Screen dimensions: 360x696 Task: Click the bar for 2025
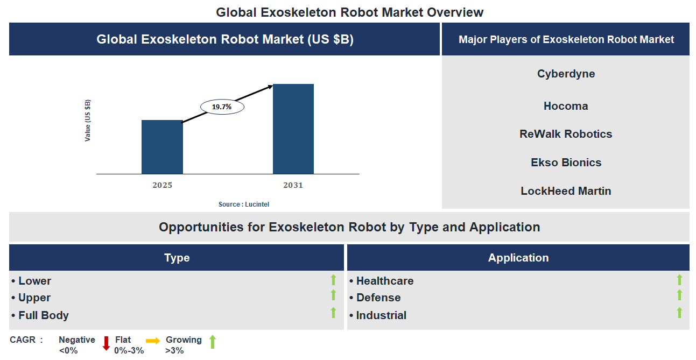click(x=162, y=147)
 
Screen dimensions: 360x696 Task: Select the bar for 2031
click(x=293, y=129)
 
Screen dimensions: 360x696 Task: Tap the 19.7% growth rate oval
click(x=222, y=107)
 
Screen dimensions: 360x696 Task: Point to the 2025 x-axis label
click(x=162, y=185)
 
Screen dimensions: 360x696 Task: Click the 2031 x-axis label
click(x=293, y=185)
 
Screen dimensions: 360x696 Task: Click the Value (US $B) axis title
click(x=88, y=121)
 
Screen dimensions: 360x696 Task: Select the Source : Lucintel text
click(x=244, y=204)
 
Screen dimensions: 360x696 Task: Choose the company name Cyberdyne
click(x=566, y=74)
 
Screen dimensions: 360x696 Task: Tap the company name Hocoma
click(x=566, y=106)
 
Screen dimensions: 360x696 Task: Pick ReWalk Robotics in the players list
click(x=566, y=134)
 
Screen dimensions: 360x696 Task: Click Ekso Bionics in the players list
click(x=566, y=163)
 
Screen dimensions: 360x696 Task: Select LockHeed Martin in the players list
click(x=566, y=191)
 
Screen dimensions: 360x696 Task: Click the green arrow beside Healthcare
click(x=679, y=280)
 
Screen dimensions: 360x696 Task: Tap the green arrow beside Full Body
click(x=333, y=313)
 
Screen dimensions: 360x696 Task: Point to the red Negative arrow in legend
click(x=106, y=343)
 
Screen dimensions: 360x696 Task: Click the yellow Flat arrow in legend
click(x=153, y=341)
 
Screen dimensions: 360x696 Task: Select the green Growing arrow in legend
click(x=213, y=342)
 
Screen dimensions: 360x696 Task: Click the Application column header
click(x=518, y=258)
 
